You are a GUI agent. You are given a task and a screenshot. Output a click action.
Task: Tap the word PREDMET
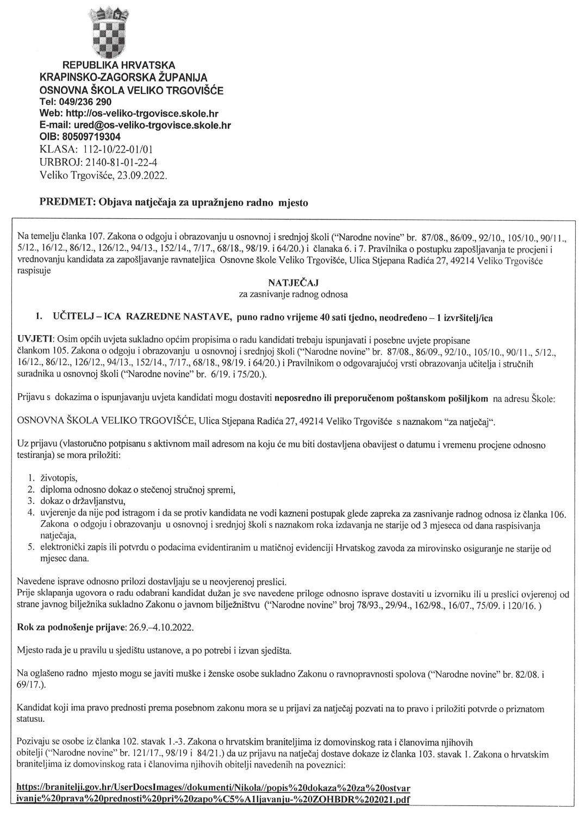point(67,203)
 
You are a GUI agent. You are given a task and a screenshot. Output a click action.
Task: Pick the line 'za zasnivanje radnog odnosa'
point(293,294)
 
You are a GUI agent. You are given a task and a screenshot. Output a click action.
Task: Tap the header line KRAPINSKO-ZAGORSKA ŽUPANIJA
point(123,78)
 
